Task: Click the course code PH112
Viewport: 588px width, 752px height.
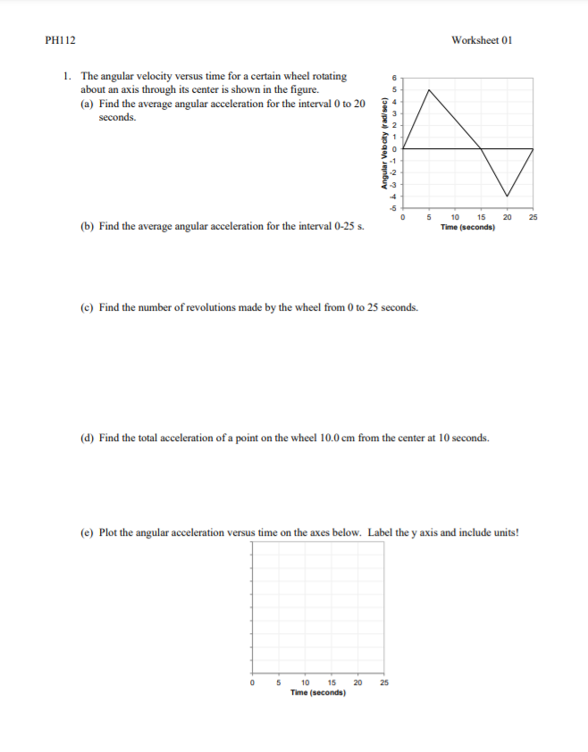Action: coord(56,40)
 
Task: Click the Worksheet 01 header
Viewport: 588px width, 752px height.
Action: coord(482,40)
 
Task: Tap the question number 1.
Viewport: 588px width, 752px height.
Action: coord(68,77)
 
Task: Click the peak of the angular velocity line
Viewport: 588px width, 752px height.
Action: coord(430,89)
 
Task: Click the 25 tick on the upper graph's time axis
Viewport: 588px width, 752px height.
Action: coord(533,217)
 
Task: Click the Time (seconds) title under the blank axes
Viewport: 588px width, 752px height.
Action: coord(318,692)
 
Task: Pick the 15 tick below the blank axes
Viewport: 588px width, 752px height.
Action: coord(332,683)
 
